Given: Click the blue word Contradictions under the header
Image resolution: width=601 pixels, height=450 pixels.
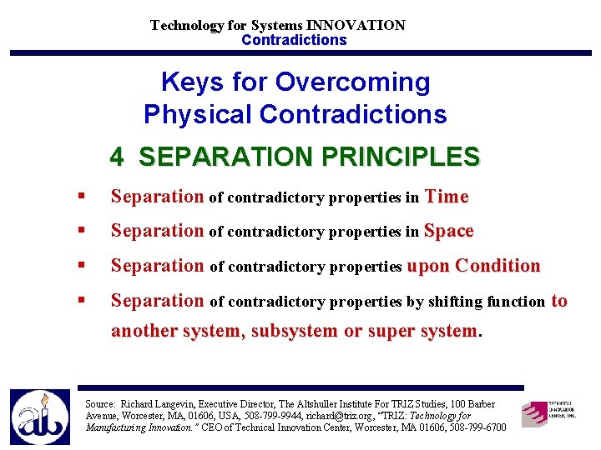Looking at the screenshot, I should click(x=294, y=40).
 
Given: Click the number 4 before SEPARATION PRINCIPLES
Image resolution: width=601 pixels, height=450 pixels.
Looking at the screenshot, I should click(x=117, y=157).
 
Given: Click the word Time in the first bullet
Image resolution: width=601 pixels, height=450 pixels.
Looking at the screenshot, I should click(x=447, y=197).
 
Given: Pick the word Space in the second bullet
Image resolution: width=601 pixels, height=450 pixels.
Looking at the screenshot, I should click(x=448, y=231).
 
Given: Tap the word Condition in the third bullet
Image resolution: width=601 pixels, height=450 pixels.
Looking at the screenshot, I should click(x=498, y=266).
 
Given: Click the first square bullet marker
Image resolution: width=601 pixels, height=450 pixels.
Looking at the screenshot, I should click(x=80, y=197).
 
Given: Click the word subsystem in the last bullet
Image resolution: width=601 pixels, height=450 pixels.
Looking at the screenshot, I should click(x=295, y=331).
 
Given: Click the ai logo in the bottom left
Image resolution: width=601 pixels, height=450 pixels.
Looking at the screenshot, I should click(x=39, y=417).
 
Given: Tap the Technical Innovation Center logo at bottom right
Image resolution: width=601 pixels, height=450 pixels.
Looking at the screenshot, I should click(x=548, y=412).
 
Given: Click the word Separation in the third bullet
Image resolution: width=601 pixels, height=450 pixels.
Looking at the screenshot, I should click(x=157, y=266).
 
